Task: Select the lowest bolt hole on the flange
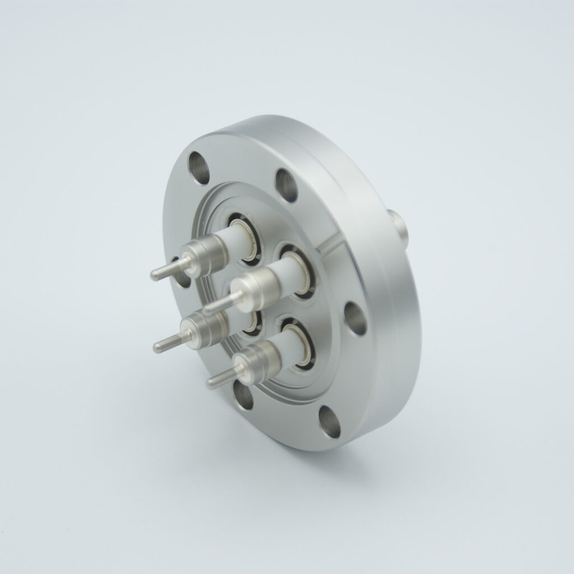point(330,422)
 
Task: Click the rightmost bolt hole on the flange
point(355,318)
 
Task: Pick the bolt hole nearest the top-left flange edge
point(199,168)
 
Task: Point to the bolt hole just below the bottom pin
point(243,396)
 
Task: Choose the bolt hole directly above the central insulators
point(286,184)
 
